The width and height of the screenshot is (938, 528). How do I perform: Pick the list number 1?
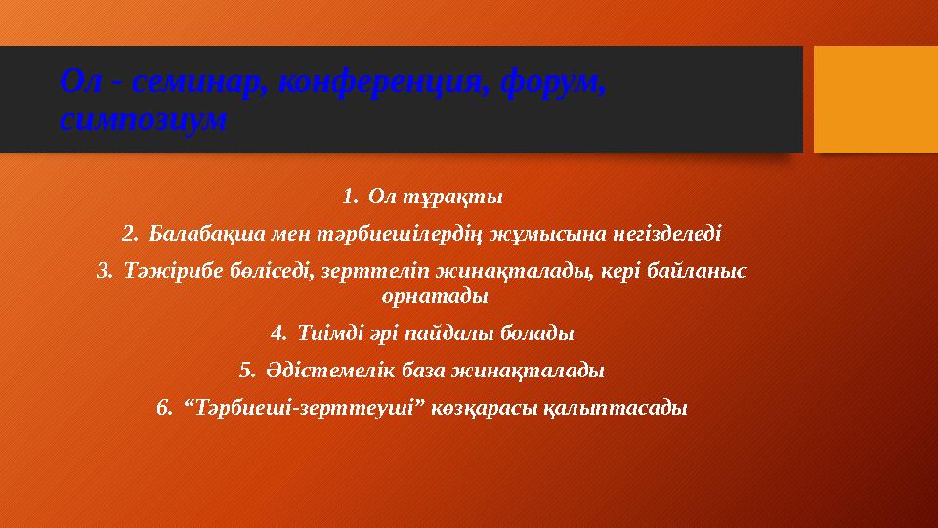point(350,198)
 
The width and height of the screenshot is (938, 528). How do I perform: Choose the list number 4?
point(277,333)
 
